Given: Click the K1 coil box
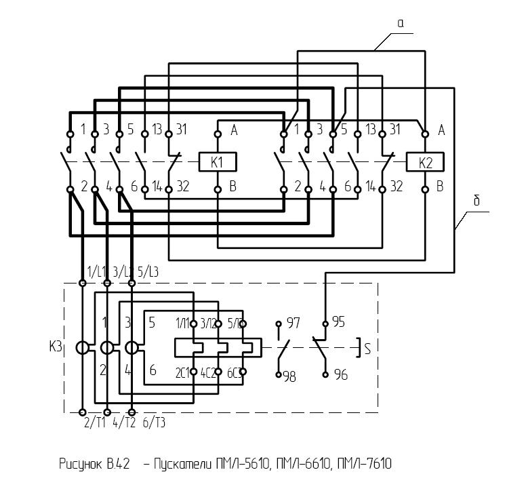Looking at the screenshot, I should [x=218, y=162].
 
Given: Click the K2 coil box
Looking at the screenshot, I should [x=424, y=162].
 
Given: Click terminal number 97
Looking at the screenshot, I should [x=293, y=322].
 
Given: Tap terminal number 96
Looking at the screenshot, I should [x=340, y=374].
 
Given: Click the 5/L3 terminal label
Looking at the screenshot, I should [x=150, y=272].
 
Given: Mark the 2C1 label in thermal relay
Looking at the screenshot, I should [x=182, y=372].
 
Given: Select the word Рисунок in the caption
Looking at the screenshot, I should [x=79, y=465].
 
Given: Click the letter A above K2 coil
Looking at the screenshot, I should [x=441, y=130].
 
